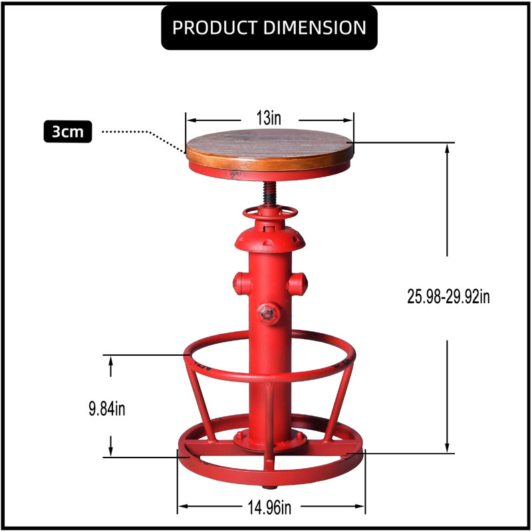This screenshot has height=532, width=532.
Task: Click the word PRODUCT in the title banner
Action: click(215, 27)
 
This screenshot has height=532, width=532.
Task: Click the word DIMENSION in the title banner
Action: click(315, 27)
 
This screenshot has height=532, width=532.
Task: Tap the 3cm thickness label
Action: click(68, 132)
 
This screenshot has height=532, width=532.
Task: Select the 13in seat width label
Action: click(269, 118)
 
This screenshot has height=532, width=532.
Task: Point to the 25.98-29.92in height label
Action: click(448, 297)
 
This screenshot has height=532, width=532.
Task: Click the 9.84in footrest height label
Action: click(107, 408)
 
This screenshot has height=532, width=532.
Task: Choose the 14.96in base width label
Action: click(269, 507)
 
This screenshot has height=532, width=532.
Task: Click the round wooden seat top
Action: click(270, 149)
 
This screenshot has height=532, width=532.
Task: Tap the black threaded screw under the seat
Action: click(270, 193)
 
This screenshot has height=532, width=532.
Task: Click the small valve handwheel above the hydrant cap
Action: click(270, 213)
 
